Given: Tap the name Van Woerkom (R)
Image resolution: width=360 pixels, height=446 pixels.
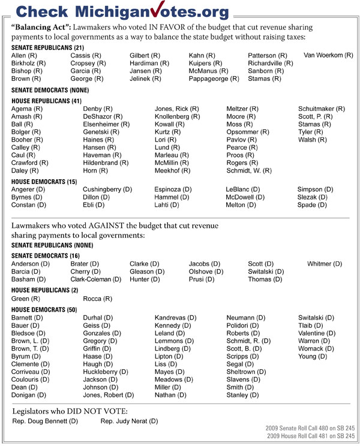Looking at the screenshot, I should (328, 55).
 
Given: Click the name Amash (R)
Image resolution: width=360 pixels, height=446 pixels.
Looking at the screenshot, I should (27, 116).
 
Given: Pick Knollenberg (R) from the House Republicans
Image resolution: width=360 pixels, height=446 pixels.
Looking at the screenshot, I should (177, 116).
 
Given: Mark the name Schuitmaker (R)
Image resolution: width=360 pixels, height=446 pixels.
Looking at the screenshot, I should (322, 109).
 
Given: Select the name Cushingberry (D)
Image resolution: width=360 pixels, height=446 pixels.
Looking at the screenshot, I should (107, 189).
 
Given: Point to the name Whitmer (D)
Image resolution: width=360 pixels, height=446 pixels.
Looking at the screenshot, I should (324, 264).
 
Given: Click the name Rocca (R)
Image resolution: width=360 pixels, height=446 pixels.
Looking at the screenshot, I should (97, 299).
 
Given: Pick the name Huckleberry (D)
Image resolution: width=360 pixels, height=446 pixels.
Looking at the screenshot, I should (106, 372).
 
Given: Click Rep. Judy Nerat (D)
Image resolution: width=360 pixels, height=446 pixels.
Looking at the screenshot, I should (129, 421).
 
